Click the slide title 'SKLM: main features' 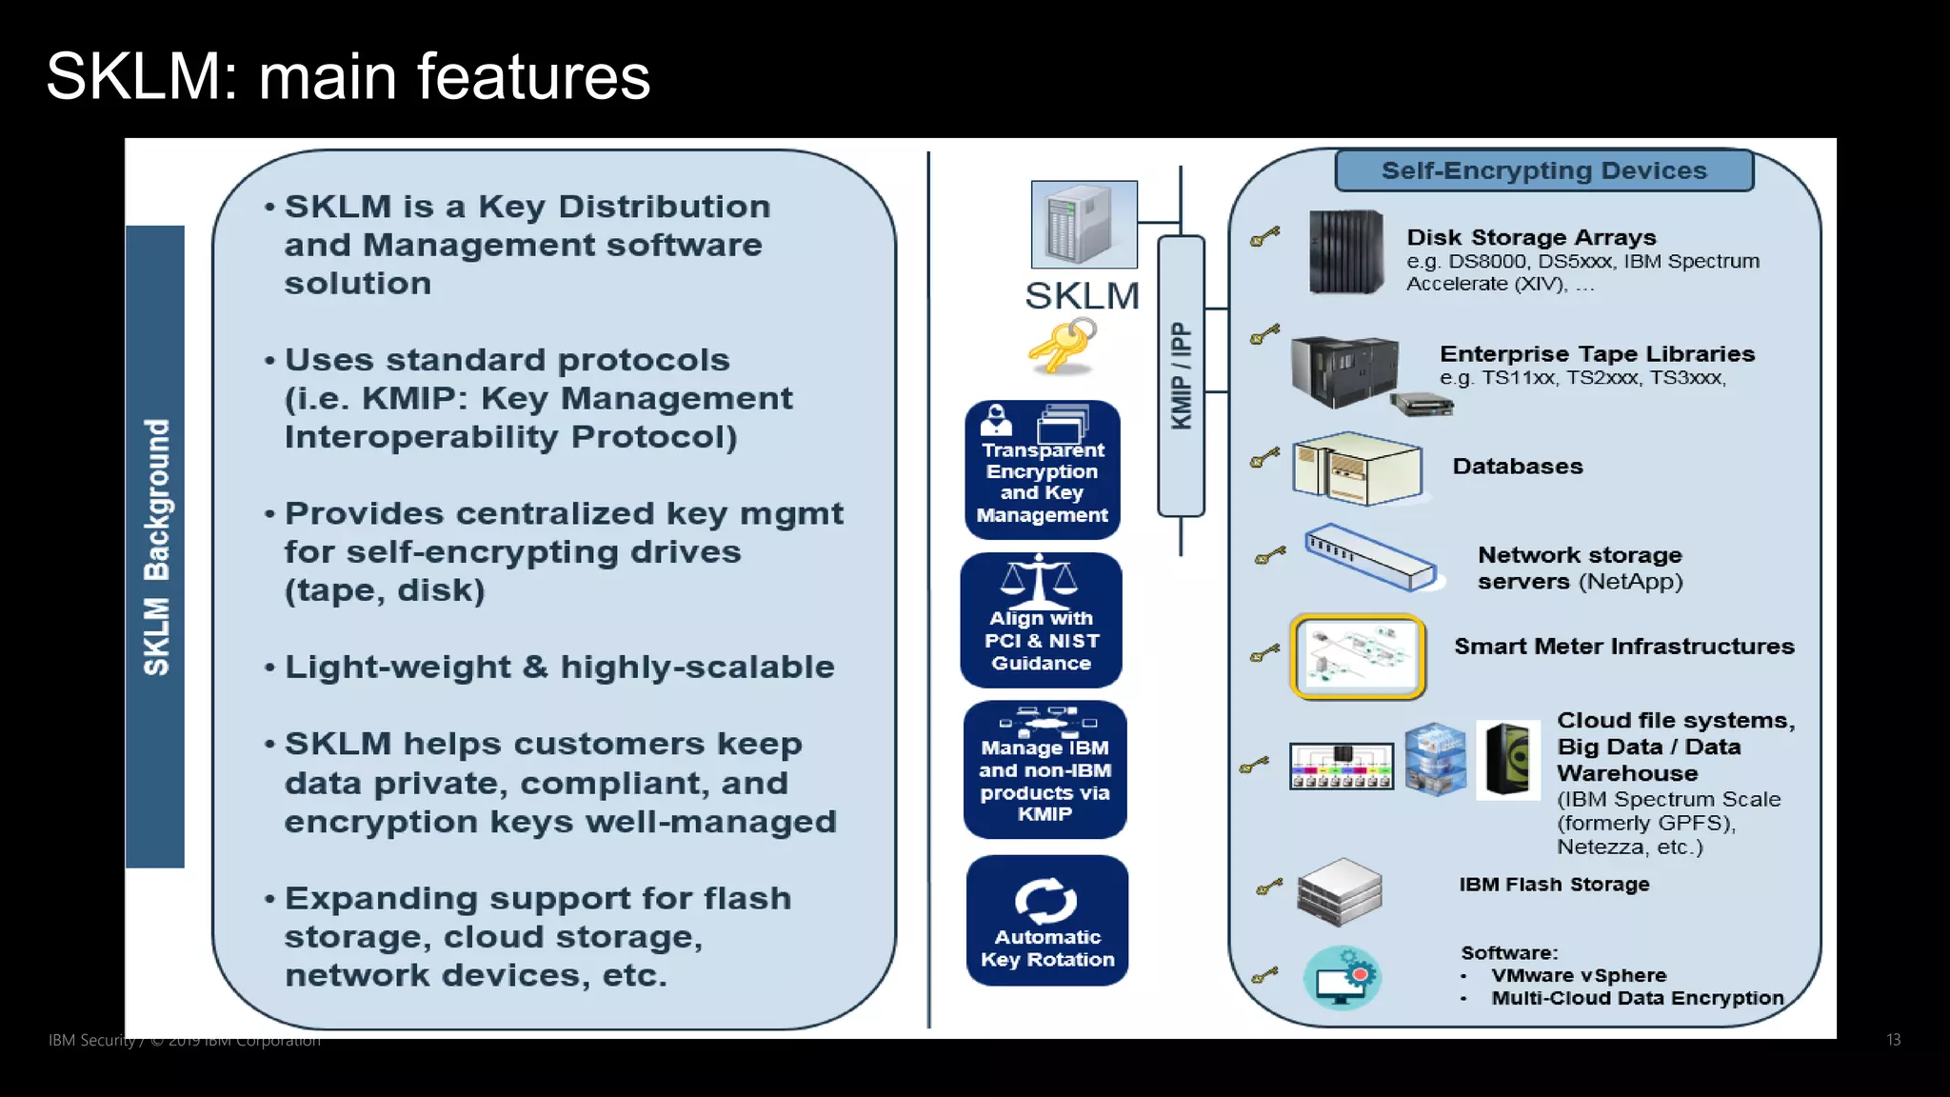pos(348,76)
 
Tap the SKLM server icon pos(1084,225)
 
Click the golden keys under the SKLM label pos(1062,346)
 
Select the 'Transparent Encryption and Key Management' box pos(1043,470)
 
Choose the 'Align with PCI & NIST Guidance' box pos(1042,621)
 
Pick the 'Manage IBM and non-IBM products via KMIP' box pos(1045,770)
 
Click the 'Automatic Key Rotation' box pos(1047,921)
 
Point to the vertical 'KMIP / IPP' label pos(1181,375)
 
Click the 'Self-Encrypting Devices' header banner pos(1543,170)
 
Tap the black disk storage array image pos(1346,252)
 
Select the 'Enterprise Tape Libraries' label pos(1597,354)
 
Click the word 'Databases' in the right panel pos(1518,467)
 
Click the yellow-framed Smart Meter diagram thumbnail pos(1358,656)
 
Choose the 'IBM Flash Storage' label pos(1554,885)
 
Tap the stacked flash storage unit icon pos(1339,892)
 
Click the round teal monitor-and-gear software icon pos(1342,977)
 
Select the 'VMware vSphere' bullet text pos(1579,975)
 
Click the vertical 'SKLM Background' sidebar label pos(156,547)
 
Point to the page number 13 pos(1893,1040)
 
